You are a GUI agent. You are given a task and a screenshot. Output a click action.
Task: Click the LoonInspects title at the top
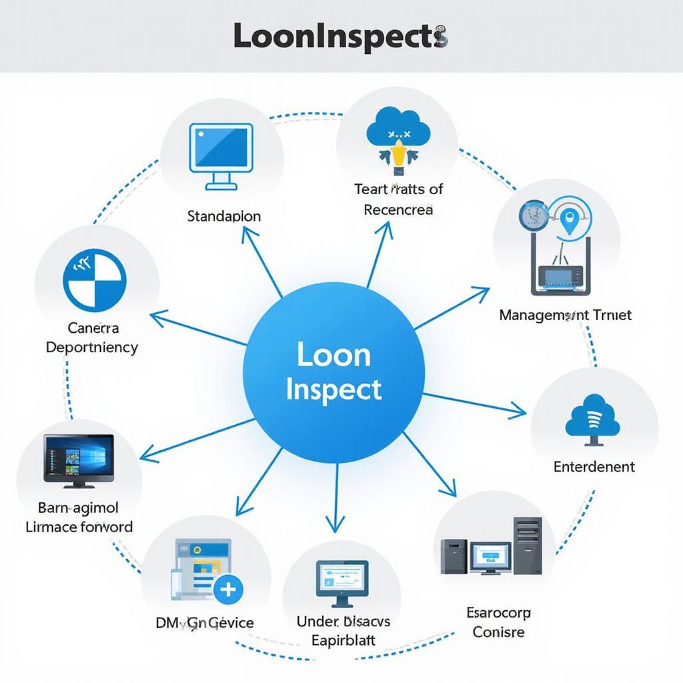(x=340, y=36)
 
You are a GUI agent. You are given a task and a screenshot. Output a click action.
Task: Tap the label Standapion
(x=224, y=216)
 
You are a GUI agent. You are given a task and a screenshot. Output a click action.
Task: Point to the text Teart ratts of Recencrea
(x=399, y=199)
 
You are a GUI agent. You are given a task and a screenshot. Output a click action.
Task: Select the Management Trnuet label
(x=565, y=314)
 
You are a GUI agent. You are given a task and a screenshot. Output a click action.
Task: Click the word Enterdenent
(x=594, y=467)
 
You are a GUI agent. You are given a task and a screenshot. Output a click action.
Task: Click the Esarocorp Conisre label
(x=498, y=622)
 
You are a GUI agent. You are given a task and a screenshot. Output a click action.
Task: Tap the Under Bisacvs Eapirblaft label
(x=344, y=631)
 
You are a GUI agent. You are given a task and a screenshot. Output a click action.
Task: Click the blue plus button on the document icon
(x=228, y=589)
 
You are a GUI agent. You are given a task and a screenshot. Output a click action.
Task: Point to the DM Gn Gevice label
(x=205, y=623)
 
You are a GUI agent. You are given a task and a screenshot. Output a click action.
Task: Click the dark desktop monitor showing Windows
(x=79, y=460)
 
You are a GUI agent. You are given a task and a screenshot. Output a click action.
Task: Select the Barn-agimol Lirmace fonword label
(x=79, y=517)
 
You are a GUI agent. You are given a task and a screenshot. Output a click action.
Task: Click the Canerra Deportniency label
(x=92, y=337)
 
